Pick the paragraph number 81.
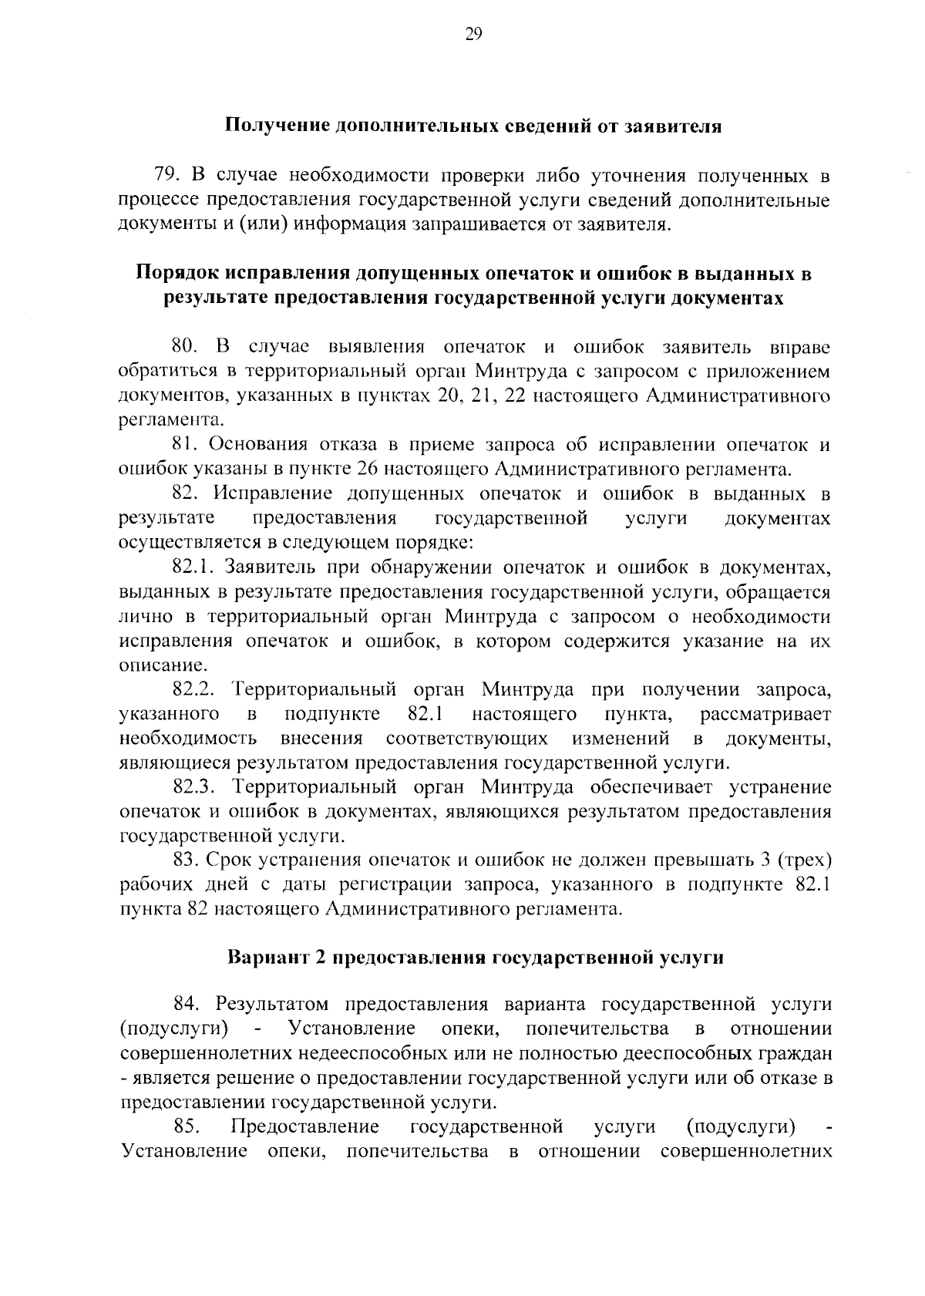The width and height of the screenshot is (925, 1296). (185, 445)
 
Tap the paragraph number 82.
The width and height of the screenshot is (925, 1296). (187, 493)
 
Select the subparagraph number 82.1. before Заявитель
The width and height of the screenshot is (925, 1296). (193, 567)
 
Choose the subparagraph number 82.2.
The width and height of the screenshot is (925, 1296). (196, 690)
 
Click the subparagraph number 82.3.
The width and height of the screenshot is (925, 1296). (196, 787)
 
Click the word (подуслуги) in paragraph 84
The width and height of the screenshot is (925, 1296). (174, 1029)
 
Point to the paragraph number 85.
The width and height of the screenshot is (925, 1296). (188, 1127)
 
